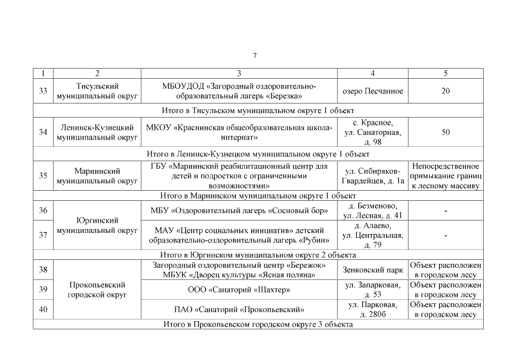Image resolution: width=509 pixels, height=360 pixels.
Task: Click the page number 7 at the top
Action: click(x=255, y=55)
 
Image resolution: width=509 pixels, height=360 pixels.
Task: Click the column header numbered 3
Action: click(x=239, y=74)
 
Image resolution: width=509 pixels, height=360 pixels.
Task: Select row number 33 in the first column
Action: click(x=43, y=91)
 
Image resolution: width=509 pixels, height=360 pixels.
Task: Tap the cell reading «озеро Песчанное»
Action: click(x=372, y=91)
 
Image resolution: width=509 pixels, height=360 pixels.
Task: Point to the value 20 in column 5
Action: click(x=445, y=91)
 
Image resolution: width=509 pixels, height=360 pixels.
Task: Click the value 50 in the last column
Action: click(x=445, y=132)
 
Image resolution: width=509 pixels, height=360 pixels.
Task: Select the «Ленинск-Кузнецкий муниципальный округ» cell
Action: click(x=97, y=132)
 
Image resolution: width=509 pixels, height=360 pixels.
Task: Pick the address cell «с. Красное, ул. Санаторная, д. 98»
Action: click(x=372, y=132)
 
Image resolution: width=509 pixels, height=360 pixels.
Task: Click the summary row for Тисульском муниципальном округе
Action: click(x=258, y=110)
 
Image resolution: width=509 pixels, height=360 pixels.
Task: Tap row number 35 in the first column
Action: click(x=43, y=175)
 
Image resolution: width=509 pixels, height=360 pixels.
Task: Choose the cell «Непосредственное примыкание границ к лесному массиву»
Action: click(x=445, y=175)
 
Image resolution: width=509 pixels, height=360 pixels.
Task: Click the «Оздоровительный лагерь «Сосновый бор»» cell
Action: click(x=239, y=211)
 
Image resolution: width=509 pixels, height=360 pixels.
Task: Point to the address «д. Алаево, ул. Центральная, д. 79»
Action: click(x=372, y=235)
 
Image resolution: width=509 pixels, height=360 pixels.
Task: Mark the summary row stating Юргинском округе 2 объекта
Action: click(x=258, y=254)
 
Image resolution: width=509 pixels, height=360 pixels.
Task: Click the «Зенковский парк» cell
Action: click(x=372, y=270)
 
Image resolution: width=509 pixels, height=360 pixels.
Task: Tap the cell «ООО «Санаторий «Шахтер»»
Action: click(x=239, y=290)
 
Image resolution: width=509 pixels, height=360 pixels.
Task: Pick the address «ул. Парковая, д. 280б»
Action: click(x=372, y=309)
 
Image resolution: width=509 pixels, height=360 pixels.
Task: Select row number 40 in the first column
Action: click(x=43, y=309)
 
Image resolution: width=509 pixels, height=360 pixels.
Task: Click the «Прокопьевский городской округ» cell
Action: click(x=97, y=290)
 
